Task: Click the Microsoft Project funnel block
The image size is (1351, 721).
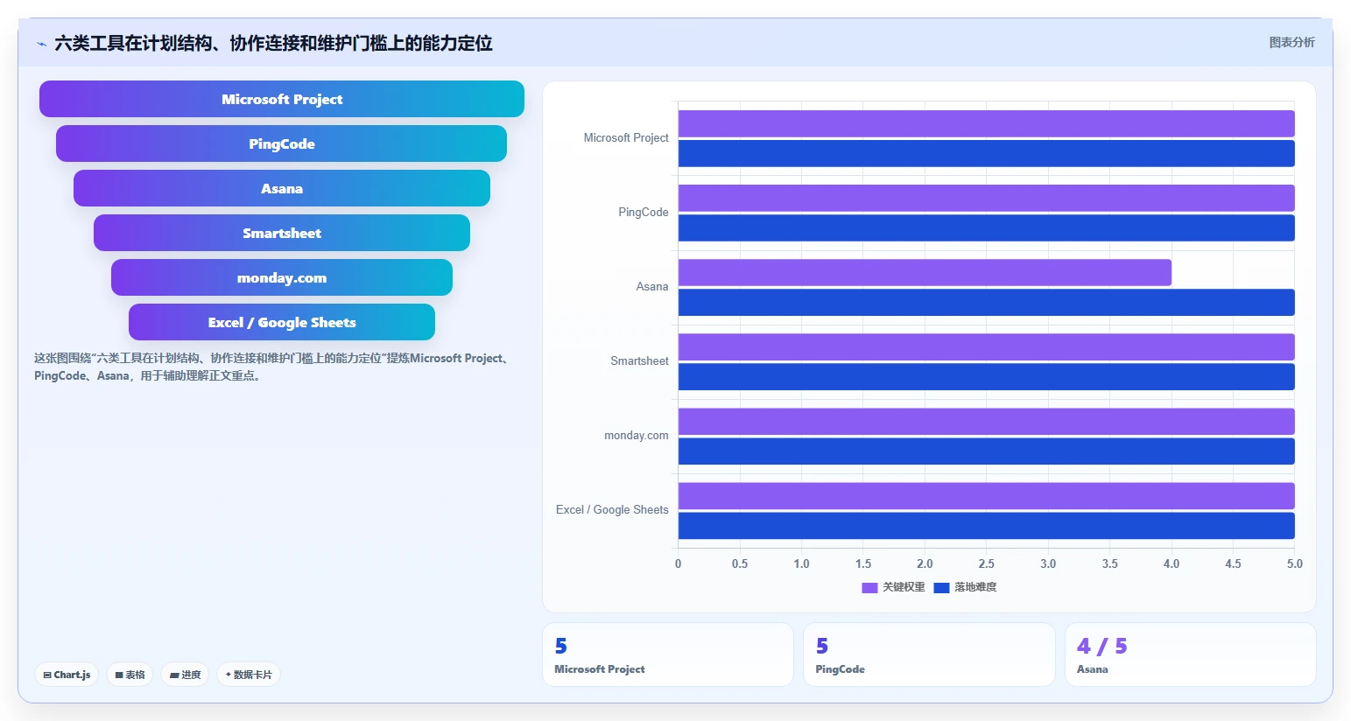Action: pos(282,99)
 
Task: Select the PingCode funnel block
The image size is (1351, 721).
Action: pos(282,143)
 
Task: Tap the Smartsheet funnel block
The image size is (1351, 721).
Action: pos(282,233)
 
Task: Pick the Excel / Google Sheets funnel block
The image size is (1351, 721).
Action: pos(282,322)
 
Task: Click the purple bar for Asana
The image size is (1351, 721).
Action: pos(925,272)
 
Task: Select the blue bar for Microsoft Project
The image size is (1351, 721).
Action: pos(986,153)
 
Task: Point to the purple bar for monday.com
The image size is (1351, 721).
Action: pos(986,422)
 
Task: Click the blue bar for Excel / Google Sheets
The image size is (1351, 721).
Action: pos(986,526)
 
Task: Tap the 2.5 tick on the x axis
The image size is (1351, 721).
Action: pos(986,563)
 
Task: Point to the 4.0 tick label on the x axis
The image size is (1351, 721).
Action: pos(1172,563)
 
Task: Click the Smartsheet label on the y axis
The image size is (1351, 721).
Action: pos(639,361)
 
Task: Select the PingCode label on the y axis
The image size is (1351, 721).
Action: pos(643,213)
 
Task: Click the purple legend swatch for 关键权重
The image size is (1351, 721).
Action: pos(869,588)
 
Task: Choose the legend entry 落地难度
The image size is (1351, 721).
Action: pos(965,587)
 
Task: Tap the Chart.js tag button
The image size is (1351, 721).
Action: pos(67,675)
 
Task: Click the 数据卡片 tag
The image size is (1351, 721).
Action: pos(249,675)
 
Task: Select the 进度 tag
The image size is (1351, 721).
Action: pos(185,675)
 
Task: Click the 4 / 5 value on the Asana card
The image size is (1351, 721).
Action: pos(1102,647)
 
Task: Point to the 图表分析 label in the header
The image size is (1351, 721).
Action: pos(1291,42)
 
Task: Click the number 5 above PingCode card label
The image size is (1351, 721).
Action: pos(822,647)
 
